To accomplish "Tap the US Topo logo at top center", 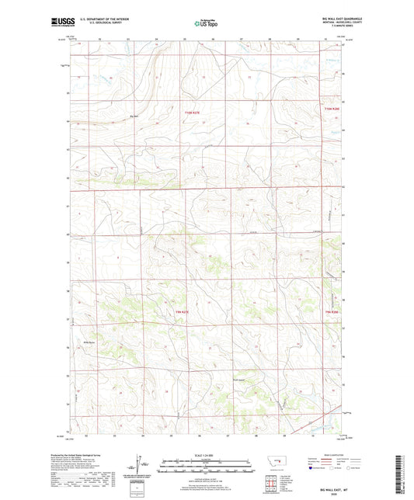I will pyautogui.click(x=207, y=24).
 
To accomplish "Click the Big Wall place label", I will pyautogui.click(x=134, y=117).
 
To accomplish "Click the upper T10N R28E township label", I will pyautogui.click(x=332, y=113).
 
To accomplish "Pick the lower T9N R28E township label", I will pyautogui.click(x=332, y=311).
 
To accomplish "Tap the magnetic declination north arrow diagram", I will pyautogui.click(x=140, y=466).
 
